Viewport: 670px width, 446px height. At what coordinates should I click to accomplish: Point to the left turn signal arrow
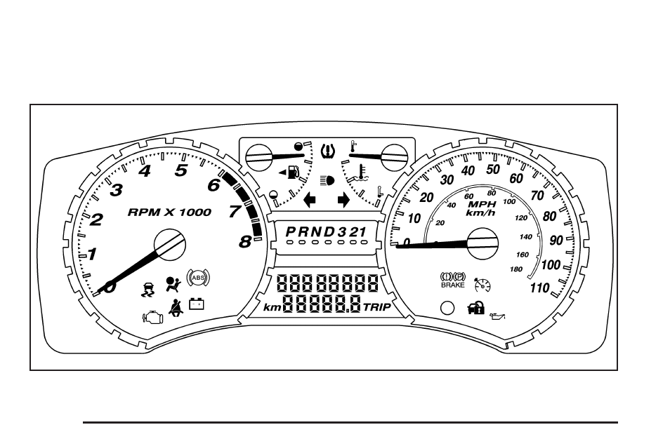pyautogui.click(x=309, y=201)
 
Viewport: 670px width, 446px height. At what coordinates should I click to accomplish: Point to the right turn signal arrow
pyautogui.click(x=344, y=201)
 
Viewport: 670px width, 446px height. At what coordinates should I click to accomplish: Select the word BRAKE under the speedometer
pyautogui.click(x=452, y=285)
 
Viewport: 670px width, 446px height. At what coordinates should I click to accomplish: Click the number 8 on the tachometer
pyautogui.click(x=244, y=243)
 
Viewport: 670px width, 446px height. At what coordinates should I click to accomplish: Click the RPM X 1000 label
pyautogui.click(x=169, y=212)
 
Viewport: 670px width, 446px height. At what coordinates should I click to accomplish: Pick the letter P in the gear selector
pyautogui.click(x=290, y=231)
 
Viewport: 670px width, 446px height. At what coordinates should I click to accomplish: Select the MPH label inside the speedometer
pyautogui.click(x=482, y=204)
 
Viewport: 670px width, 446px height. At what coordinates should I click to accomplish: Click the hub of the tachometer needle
pyautogui.click(x=170, y=245)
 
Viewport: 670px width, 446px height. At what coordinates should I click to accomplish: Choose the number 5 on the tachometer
pyautogui.click(x=181, y=170)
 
